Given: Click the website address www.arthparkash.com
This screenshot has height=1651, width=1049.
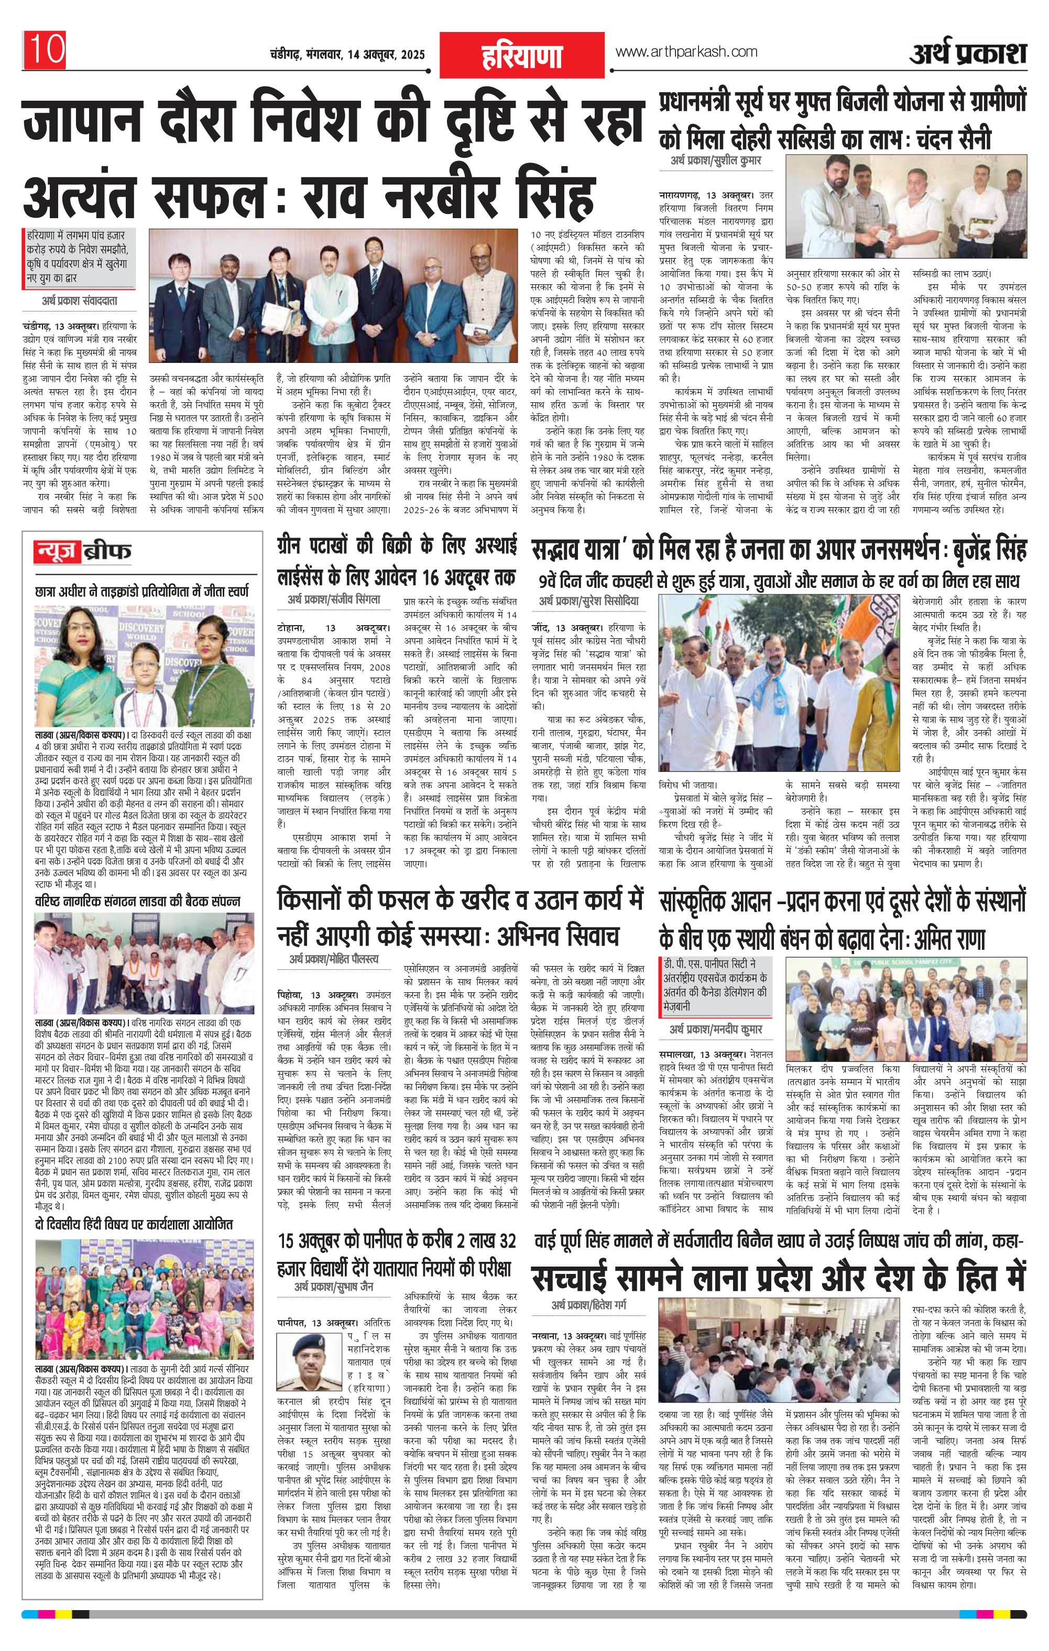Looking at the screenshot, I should tap(686, 51).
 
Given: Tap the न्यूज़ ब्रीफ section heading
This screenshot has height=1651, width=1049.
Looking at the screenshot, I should tap(83, 551).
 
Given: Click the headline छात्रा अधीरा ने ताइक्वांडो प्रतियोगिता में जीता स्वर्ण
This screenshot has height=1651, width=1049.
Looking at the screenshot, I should tap(142, 591).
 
